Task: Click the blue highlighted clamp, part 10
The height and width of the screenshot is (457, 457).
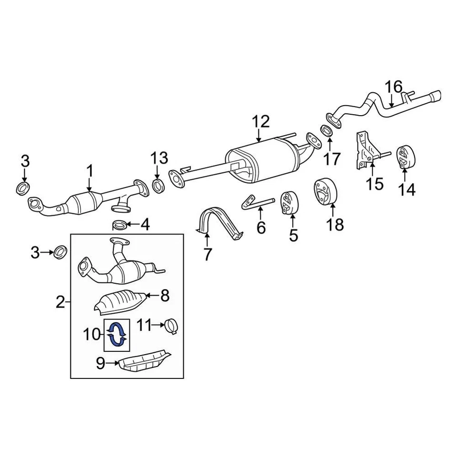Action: pos(117,333)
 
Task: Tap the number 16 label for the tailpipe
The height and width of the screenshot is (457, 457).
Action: pos(394,87)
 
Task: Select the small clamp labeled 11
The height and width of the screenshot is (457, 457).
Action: pos(171,326)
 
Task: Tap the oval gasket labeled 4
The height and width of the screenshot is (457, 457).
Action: pos(119,224)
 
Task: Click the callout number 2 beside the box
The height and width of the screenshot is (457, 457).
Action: pos(60,301)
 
